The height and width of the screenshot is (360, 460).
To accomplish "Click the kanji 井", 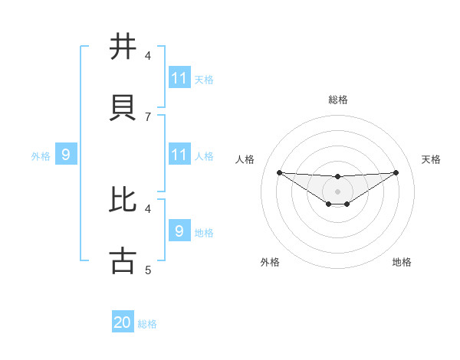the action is point(123,47).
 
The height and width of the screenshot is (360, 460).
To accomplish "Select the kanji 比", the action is point(123,200).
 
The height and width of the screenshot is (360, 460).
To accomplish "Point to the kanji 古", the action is point(123,260).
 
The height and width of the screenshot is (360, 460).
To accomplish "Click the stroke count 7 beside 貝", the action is point(147,116).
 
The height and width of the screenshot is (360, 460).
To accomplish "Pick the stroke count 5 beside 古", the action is point(147,270).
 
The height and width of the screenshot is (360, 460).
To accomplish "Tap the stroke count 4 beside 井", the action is point(147,56).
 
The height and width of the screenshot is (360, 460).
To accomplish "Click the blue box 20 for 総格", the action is point(123,322).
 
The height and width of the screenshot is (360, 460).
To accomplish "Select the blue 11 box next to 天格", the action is point(179,78).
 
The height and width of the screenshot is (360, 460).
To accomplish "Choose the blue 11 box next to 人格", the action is point(179,155).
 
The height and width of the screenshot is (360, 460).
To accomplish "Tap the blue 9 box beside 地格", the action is point(179,231).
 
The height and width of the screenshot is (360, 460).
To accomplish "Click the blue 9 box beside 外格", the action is point(66,155).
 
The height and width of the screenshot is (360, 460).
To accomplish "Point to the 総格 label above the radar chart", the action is point(337,100).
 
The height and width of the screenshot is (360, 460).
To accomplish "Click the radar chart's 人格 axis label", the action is point(245,159).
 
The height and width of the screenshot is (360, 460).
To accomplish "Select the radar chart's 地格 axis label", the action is point(402,262).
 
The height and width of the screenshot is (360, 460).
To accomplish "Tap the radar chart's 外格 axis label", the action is point(270,262).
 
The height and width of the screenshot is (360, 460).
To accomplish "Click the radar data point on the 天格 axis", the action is point(396,172).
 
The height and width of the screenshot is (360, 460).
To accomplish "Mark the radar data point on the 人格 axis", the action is point(279,172).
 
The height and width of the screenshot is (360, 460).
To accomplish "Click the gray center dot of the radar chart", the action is point(337,191).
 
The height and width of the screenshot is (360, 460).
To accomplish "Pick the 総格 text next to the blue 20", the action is point(147,324).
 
